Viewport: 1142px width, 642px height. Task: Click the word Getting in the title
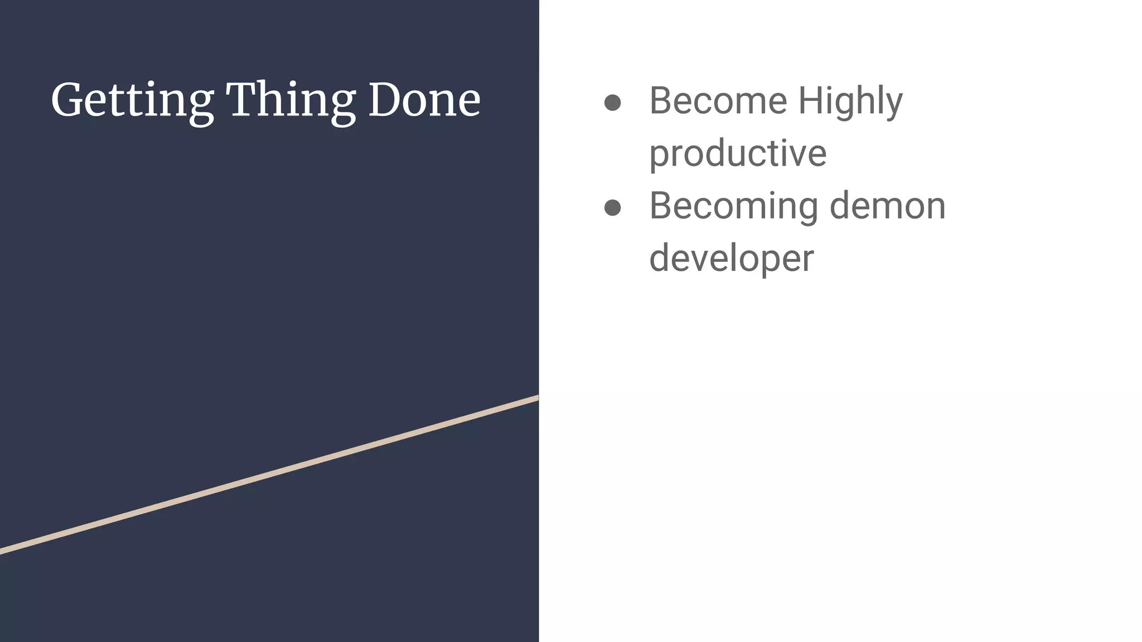132,101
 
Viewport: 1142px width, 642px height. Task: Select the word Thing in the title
291,101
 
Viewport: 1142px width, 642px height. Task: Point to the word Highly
850,101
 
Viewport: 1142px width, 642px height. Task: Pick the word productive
738,153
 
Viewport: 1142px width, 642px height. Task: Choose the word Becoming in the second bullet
734,206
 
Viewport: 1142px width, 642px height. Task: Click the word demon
887,206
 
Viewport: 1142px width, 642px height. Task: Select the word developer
731,259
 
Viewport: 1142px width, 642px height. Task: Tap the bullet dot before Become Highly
612,103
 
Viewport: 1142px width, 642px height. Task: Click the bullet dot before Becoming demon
612,208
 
